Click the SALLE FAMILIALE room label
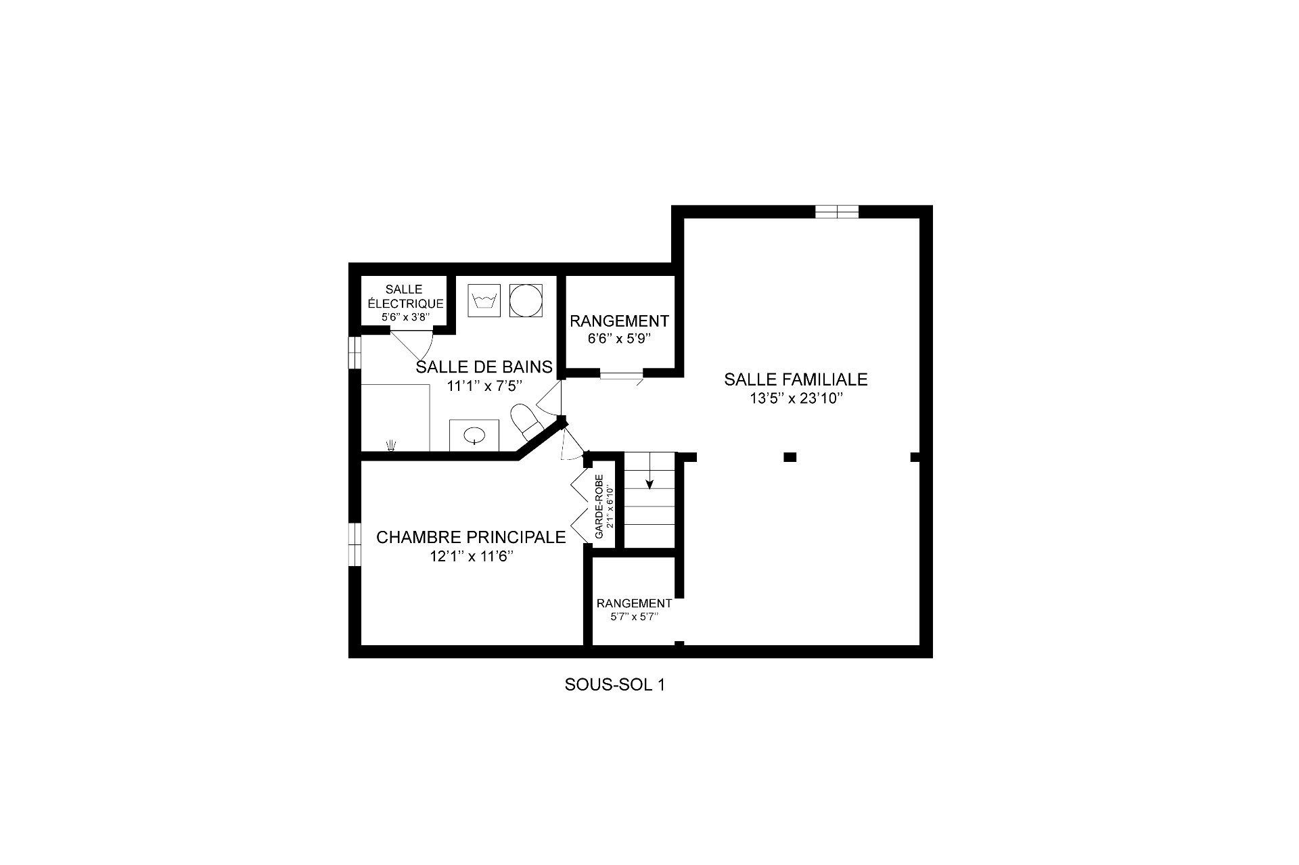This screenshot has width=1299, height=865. pos(796,379)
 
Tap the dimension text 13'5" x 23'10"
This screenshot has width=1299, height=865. pos(796,399)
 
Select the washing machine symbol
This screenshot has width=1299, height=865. pos(484,300)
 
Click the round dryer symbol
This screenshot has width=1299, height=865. pos(526,300)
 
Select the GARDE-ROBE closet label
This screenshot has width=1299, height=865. pos(599,507)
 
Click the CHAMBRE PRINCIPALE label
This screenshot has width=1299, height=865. pos(471,538)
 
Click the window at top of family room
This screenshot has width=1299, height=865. pos(837,212)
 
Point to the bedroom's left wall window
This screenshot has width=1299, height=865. pos(355,544)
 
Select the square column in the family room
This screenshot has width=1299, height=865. pos(790,457)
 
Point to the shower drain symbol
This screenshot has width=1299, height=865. pos(391,444)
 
